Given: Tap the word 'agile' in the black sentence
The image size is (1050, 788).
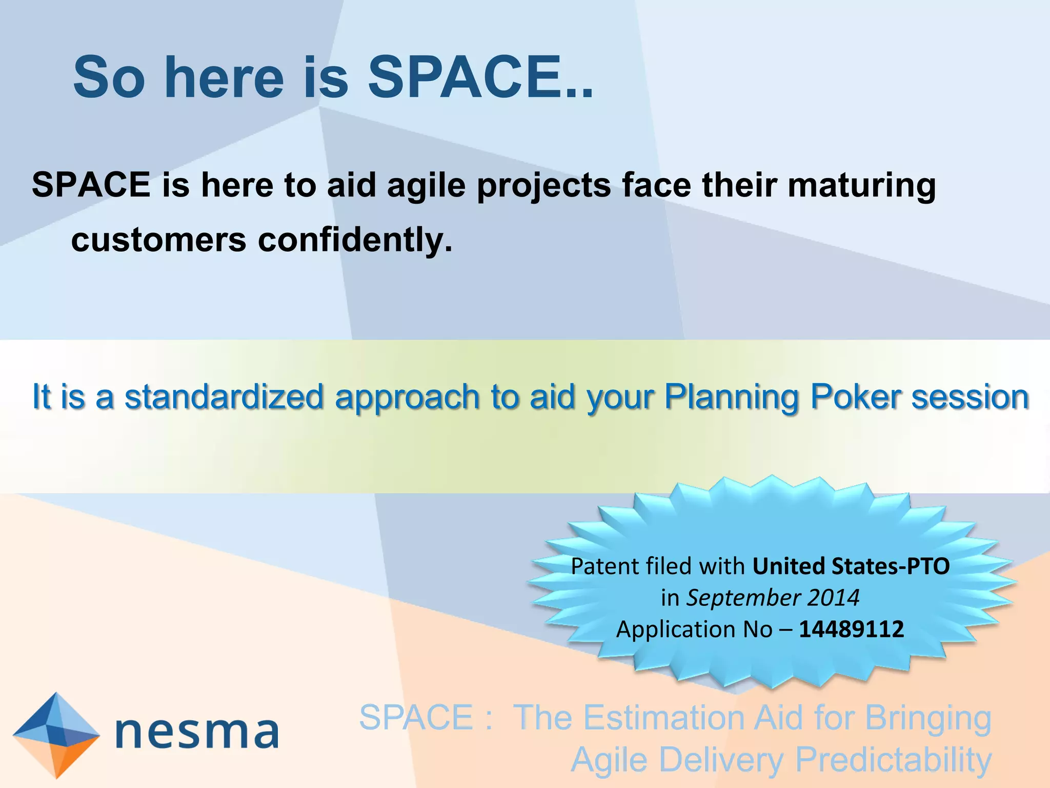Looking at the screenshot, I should coord(427,186).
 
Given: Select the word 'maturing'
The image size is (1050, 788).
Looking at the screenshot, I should coord(861,186).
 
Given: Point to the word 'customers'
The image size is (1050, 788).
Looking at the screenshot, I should coord(158,240).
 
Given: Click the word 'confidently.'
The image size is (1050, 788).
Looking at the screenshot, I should coord(355,240).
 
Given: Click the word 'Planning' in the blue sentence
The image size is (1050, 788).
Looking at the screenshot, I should coord(732,398).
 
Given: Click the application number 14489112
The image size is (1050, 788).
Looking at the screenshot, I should coord(851,629).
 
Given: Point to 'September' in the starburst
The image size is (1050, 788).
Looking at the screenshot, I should coord(744,598).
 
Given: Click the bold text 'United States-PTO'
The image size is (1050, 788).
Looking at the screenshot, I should coord(851,566).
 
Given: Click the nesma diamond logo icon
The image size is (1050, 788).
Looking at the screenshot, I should coord(56,735).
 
